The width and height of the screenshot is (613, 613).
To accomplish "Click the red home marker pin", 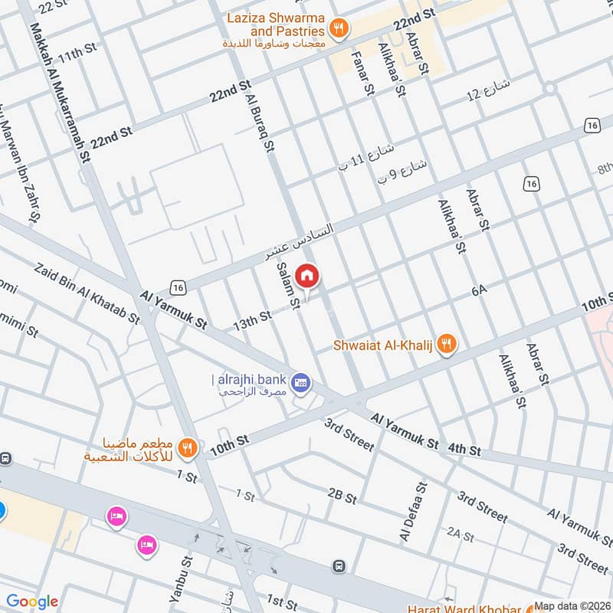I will [307, 275].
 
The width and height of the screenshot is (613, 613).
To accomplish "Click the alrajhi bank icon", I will [302, 381].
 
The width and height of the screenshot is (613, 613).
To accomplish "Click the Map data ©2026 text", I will [572, 606].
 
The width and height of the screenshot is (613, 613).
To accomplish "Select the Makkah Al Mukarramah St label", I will [58, 92].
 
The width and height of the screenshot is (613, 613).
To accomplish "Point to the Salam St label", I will [288, 286].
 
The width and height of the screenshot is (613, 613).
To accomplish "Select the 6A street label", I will [480, 290].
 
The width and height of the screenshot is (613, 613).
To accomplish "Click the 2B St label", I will [342, 496].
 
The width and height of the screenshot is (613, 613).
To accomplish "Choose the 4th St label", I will [464, 449].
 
